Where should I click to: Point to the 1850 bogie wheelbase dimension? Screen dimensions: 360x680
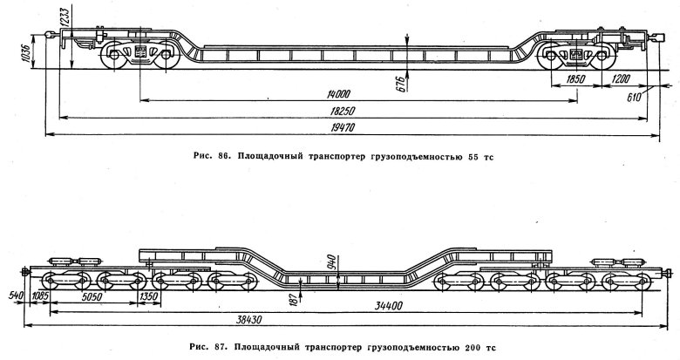[573, 79]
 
